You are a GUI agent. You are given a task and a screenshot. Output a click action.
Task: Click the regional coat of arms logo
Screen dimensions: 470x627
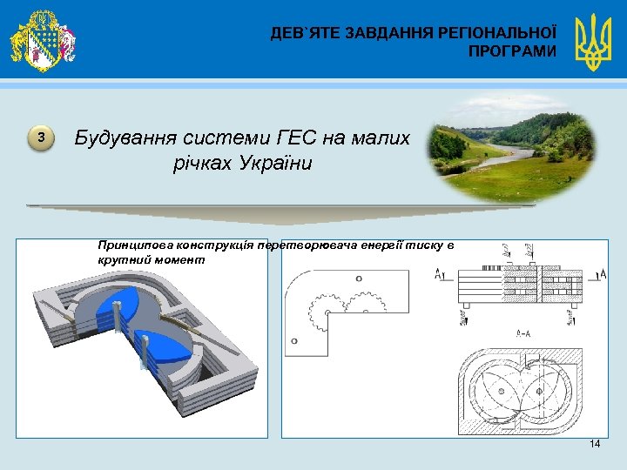point(42,40)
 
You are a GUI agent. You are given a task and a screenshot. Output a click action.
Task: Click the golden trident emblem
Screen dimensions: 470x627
point(593,42)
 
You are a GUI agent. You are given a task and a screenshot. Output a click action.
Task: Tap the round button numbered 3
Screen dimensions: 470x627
point(40,138)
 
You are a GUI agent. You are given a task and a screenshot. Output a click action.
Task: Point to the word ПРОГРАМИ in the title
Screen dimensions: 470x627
point(511,51)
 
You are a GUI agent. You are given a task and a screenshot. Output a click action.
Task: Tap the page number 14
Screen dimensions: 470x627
point(595,444)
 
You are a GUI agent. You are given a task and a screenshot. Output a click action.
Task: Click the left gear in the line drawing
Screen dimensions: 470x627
point(325,312)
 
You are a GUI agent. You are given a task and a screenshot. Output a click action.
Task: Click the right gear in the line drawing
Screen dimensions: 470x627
point(363,306)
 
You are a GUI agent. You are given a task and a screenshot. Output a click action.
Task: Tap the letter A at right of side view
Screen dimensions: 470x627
point(603,274)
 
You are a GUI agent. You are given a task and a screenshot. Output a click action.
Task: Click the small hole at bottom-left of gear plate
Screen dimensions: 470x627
point(295,340)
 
